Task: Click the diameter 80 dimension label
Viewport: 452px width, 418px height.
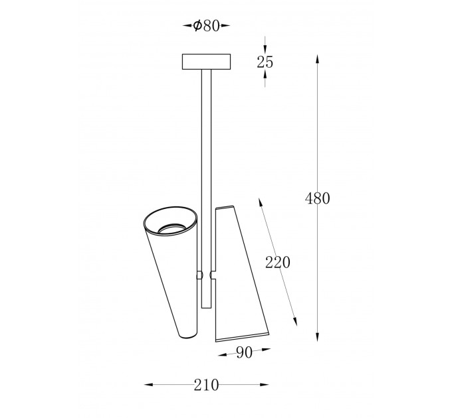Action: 207,26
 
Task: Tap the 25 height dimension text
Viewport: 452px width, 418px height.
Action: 265,62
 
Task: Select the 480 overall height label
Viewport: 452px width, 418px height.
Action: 317,198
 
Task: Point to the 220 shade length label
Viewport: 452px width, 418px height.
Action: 278,262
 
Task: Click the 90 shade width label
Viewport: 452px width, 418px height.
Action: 244,353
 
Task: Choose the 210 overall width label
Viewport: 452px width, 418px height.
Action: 207,385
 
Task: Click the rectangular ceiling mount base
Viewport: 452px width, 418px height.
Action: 206,62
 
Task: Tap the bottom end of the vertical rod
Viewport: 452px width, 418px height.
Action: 207,308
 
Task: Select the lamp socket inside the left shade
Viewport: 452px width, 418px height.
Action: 171,228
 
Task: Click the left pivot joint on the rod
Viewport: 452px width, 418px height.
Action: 199,275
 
